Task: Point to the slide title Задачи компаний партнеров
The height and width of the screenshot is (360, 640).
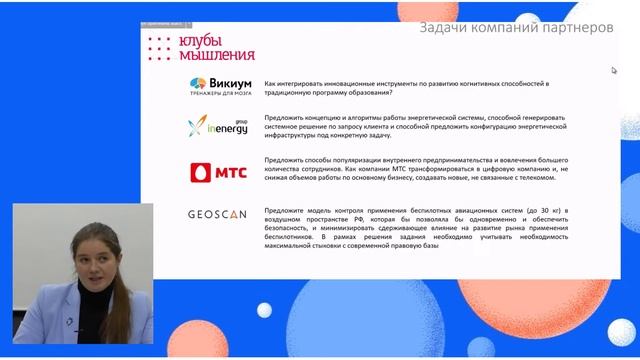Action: click(516, 28)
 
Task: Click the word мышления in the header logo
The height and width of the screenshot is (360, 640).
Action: click(215, 55)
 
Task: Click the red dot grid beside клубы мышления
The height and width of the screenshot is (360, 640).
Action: click(159, 48)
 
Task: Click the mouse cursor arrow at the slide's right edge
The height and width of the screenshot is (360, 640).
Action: click(615, 70)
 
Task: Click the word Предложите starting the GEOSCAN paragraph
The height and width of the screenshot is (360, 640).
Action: click(286, 211)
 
